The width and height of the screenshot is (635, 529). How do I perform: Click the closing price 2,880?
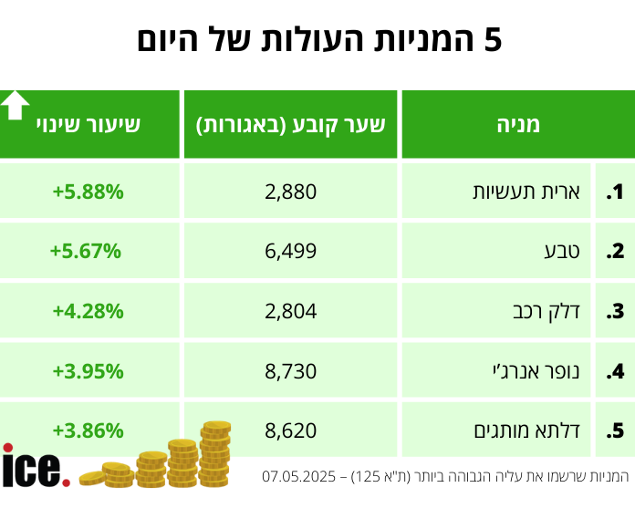tap(290, 192)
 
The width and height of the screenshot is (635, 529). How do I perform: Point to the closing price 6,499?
tap(290, 251)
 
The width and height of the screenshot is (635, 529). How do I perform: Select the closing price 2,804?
tap(290, 311)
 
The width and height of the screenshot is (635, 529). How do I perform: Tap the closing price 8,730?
tap(290, 370)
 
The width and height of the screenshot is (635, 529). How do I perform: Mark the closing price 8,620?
tap(290, 430)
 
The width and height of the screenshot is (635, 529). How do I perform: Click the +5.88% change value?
tap(88, 192)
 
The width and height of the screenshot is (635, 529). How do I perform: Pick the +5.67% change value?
tap(86, 251)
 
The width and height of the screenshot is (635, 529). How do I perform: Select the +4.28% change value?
tap(88, 311)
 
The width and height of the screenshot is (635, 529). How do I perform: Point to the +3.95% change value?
tap(88, 370)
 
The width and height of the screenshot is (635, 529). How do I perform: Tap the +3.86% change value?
tap(88, 430)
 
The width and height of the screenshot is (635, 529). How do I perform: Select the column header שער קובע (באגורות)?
tap(291, 125)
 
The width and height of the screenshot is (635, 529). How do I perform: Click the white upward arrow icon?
tap(15, 105)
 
